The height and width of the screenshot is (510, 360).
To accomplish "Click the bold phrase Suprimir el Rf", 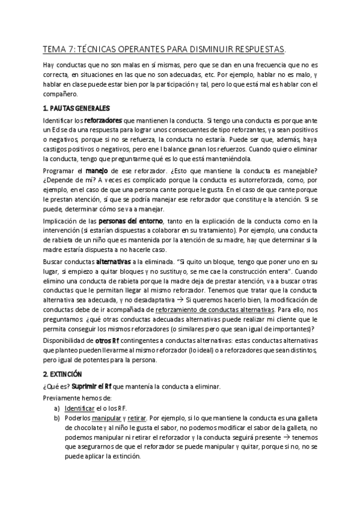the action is coord(91,386).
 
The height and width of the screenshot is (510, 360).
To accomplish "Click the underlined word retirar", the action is coord(135,418).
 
